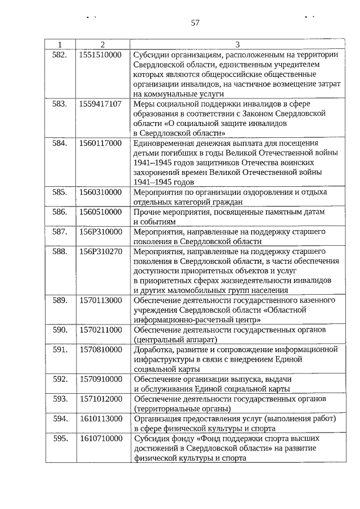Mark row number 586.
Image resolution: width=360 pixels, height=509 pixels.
coord(60,212)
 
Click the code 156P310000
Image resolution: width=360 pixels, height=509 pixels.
coord(101,231)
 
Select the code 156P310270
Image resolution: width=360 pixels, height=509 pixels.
coord(101,251)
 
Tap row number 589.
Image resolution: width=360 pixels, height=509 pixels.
coord(60,300)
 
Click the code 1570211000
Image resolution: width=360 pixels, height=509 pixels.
coord(101,330)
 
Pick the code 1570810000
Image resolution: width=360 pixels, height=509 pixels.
coord(101,349)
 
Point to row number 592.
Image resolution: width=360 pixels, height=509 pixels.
coord(60,379)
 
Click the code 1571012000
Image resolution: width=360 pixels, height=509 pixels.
coord(101,399)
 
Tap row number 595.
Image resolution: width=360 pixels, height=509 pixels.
coord(60,438)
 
